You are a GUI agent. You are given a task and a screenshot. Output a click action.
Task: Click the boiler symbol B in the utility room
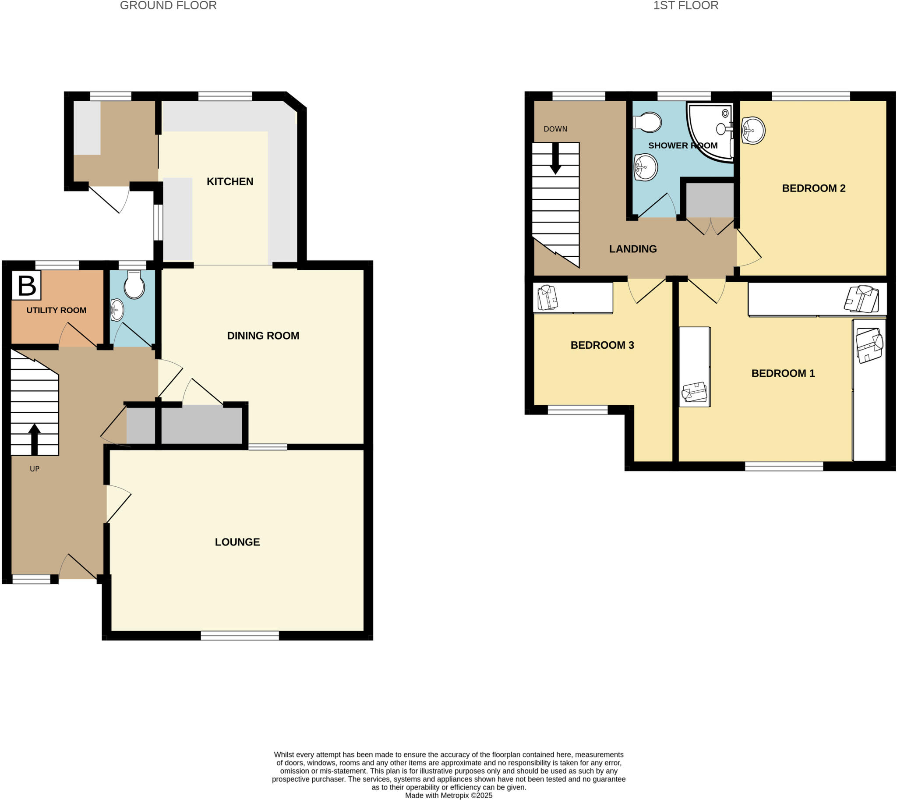point(26,285)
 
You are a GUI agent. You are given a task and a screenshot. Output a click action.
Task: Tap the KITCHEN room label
point(230,181)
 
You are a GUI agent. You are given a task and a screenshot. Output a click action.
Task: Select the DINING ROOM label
point(263,336)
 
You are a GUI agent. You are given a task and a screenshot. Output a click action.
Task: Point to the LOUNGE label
point(237,542)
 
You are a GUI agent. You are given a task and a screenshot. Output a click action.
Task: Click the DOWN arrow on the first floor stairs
point(555,158)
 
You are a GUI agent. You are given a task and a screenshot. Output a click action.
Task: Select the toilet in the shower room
point(648,122)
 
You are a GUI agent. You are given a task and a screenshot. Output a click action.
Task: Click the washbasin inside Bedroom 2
point(753,130)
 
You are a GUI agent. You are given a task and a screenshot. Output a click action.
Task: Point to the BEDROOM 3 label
point(602,345)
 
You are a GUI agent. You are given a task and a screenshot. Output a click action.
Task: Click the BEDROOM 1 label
point(783,373)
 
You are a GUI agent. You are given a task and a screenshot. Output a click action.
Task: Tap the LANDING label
point(633,249)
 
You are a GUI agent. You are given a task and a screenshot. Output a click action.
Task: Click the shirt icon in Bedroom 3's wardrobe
point(547,297)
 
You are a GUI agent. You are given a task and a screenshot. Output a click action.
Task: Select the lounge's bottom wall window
point(240,635)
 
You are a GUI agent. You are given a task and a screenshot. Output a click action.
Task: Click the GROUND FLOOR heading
point(168,6)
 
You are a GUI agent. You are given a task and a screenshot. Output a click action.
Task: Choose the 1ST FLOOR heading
point(685,6)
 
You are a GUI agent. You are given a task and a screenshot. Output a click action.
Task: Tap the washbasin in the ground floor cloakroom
point(117,310)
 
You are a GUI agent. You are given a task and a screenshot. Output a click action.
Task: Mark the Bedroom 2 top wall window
point(810,96)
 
